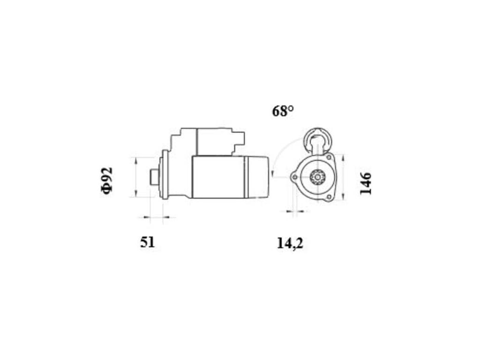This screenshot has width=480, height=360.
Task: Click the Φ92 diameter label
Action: [x=106, y=180]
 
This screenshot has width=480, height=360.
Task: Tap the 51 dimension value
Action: [x=148, y=242]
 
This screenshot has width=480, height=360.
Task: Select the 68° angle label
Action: [x=283, y=111]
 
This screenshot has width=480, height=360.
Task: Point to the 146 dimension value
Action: [x=366, y=183]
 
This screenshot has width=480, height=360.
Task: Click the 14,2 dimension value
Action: [x=290, y=244]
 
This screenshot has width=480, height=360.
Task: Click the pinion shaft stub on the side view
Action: [x=154, y=177]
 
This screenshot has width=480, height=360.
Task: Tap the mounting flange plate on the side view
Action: [x=165, y=174]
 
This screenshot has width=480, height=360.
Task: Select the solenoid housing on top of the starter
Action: [x=215, y=142]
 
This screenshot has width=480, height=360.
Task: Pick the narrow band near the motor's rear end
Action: [x=246, y=177]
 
